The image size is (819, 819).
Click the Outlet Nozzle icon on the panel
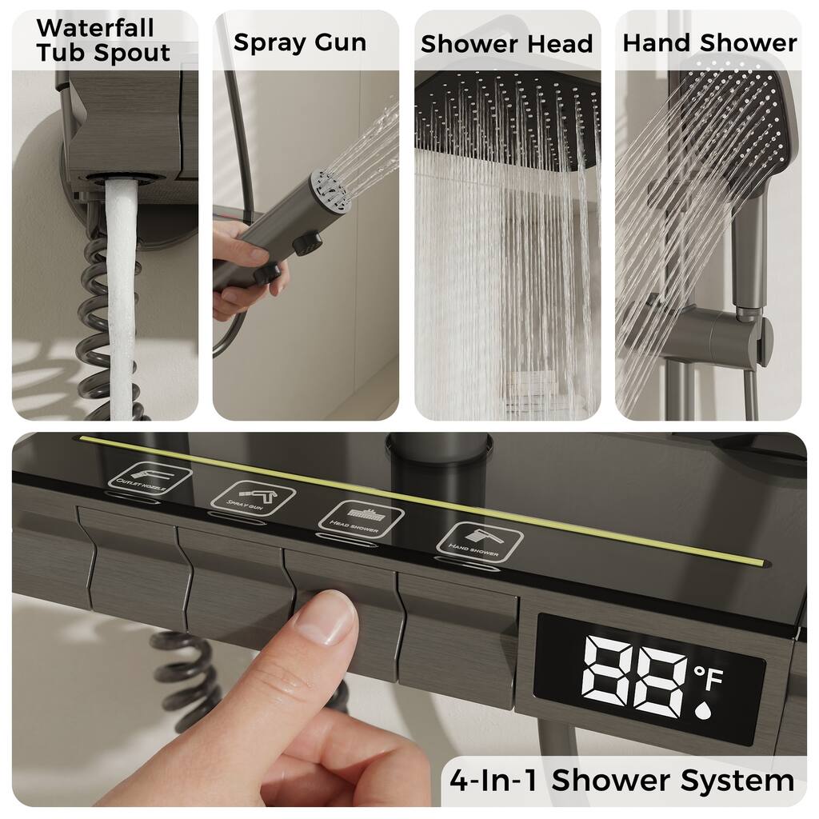pyautogui.click(x=150, y=477)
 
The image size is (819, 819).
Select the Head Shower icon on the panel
pyautogui.click(x=361, y=517)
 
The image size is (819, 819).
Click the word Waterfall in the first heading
pyautogui.click(x=94, y=27)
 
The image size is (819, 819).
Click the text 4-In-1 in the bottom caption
pyautogui.click(x=495, y=780)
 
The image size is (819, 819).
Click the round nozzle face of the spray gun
pyautogui.click(x=331, y=190)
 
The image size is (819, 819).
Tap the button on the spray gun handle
pyautogui.click(x=306, y=242)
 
